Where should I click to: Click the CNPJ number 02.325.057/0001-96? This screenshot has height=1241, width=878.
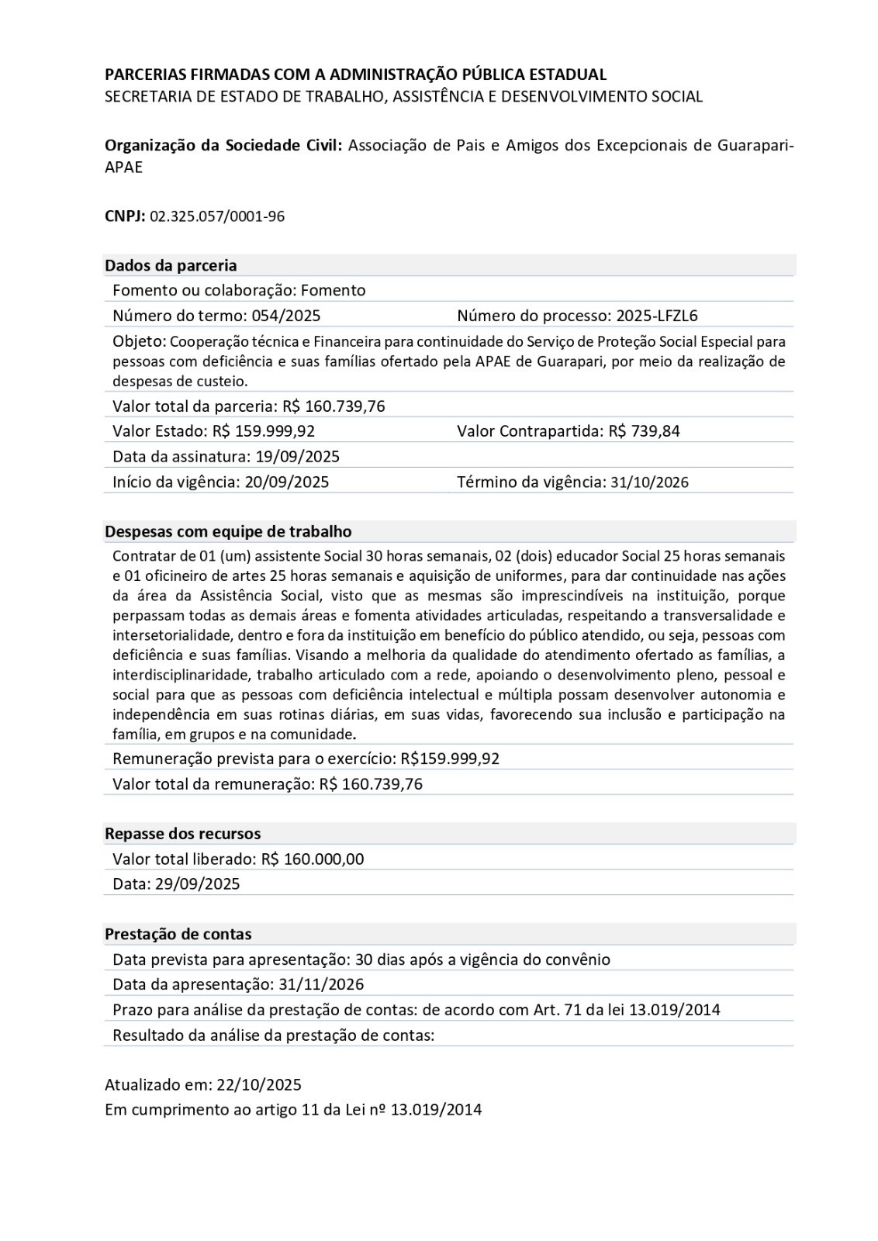coord(217,216)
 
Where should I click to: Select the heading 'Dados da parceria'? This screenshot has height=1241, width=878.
coord(171,265)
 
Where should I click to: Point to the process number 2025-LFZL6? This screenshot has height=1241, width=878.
coord(657,316)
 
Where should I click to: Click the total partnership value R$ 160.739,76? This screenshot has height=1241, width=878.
coord(334,406)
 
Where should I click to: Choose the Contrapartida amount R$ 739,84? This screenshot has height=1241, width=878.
coord(644,431)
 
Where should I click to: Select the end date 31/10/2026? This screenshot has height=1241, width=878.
coord(649,482)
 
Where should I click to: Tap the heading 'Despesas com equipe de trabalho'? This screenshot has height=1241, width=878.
coord(228,532)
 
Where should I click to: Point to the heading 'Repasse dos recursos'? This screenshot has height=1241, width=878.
coord(183,834)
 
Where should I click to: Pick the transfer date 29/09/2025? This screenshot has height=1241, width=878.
coord(198,884)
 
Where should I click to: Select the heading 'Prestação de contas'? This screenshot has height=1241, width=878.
coord(178,935)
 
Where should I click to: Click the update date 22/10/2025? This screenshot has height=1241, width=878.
coord(260,1085)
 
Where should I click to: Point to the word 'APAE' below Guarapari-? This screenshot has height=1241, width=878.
coord(124,168)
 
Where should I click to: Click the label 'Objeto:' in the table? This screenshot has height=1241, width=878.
coord(139,341)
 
